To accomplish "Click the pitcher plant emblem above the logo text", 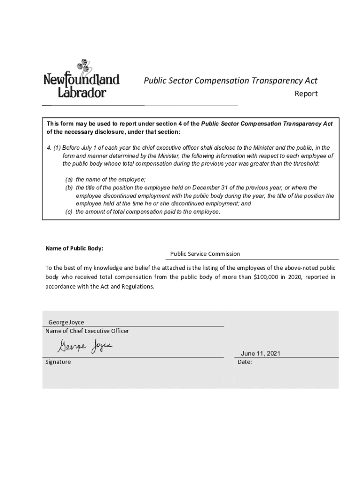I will point(83,66).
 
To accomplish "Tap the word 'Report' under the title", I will point(306,94).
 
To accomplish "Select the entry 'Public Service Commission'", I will point(205,254).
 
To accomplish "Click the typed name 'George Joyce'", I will point(66,322).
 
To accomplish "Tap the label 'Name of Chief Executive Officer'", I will point(87,331).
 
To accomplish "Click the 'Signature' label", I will point(58,362).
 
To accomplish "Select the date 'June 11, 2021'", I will point(260,354).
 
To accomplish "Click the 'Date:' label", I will point(245,362).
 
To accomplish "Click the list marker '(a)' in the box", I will point(69,180).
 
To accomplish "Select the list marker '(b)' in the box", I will point(69,188).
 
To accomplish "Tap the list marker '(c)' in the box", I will point(69,212).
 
